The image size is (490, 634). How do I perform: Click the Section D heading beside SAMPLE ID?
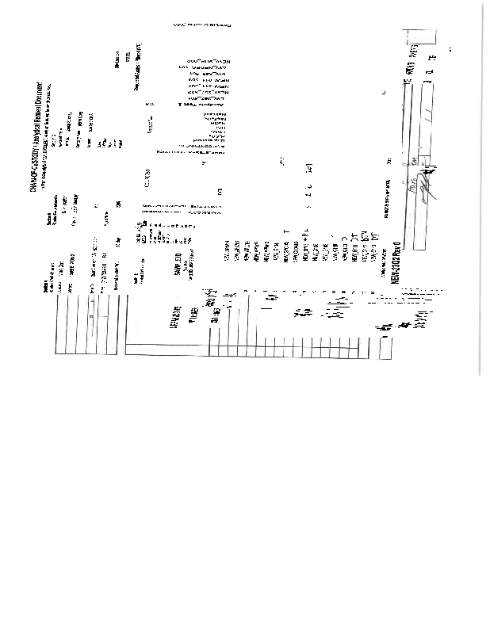[x=136, y=280]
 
